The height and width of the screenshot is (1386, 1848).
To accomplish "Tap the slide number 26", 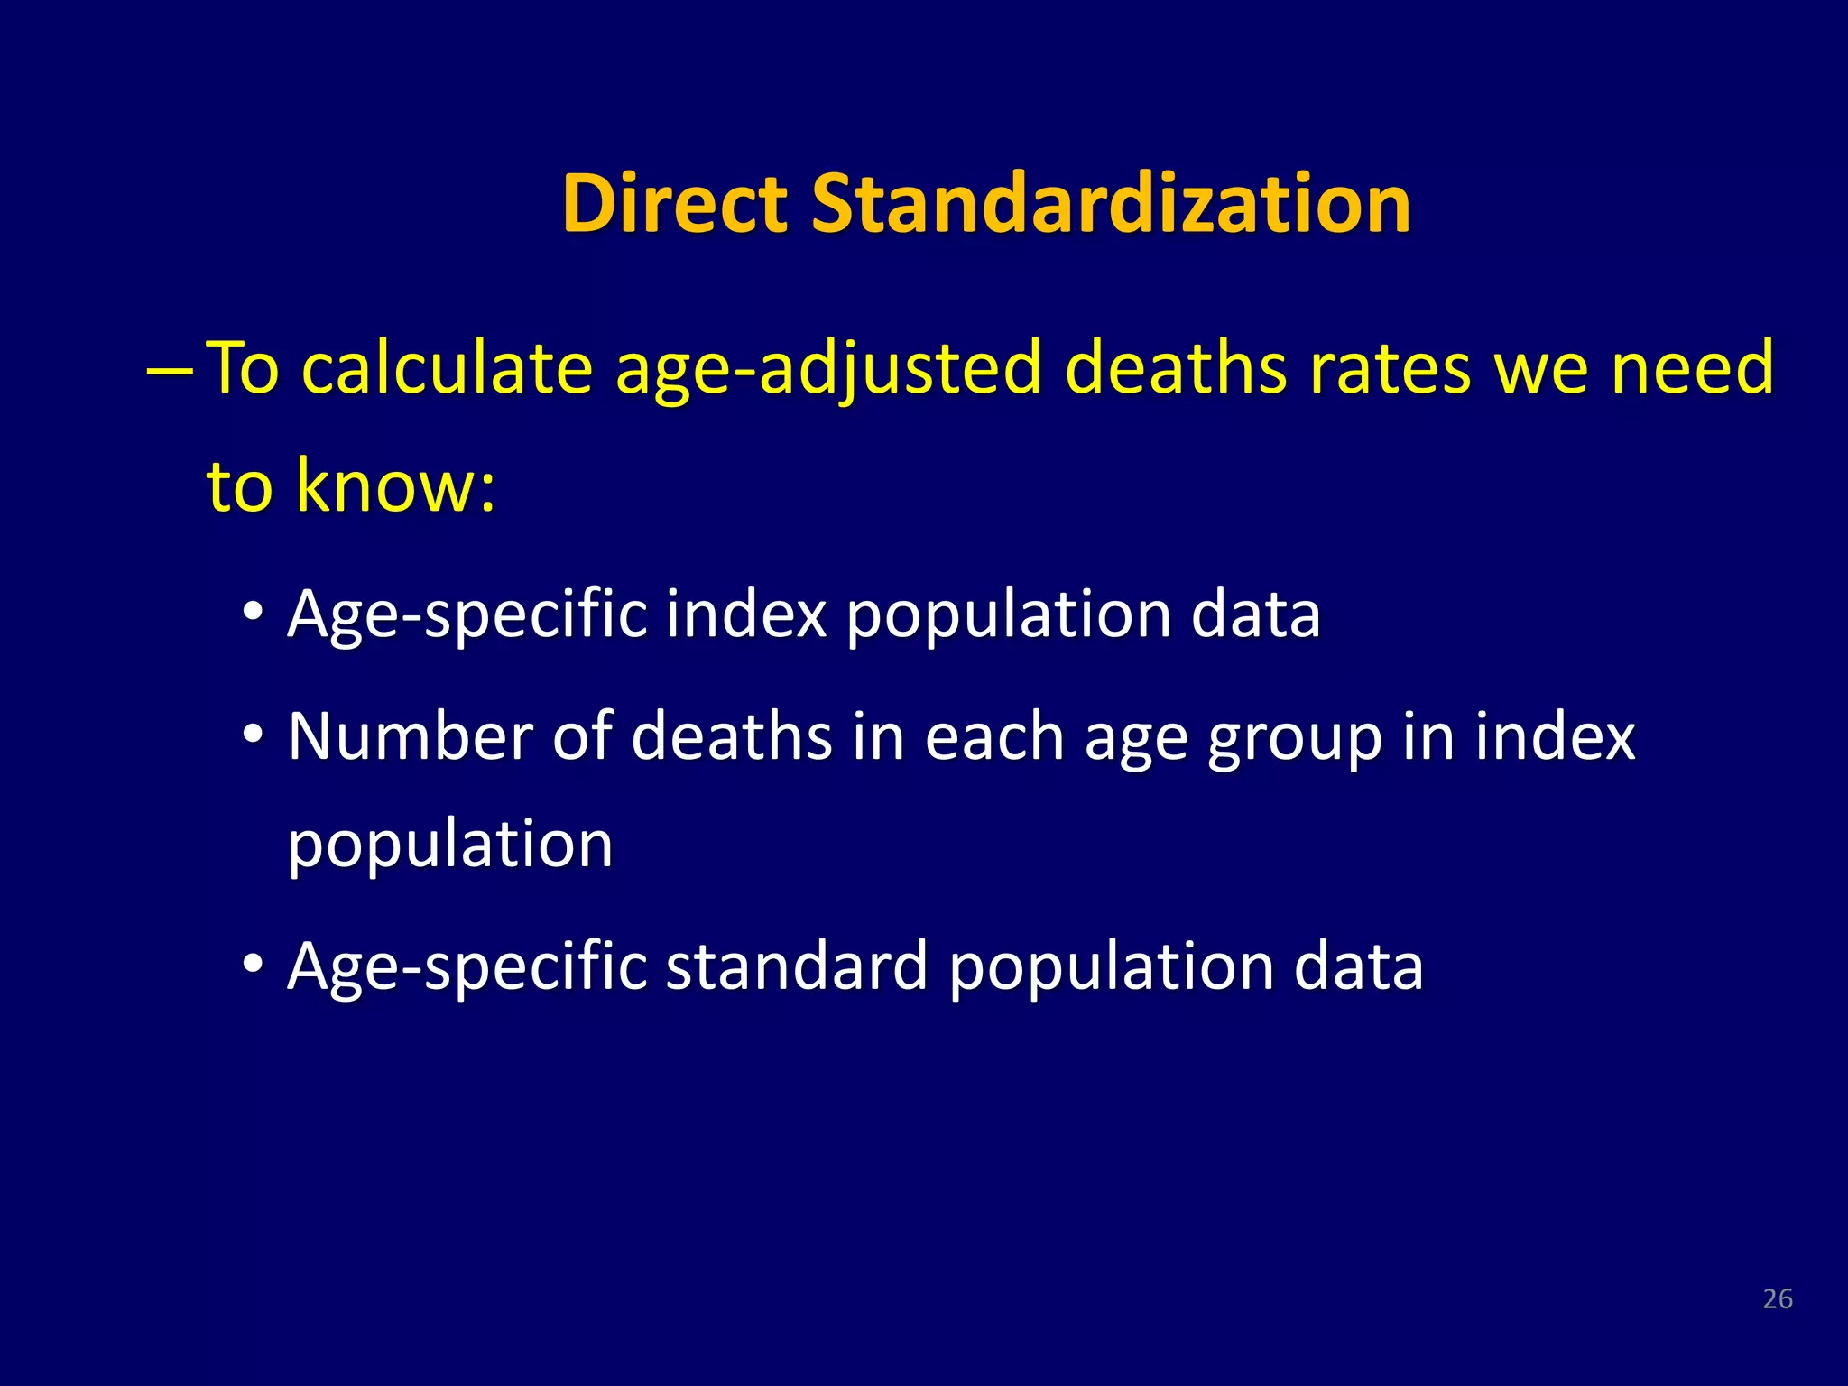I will coord(1777,1298).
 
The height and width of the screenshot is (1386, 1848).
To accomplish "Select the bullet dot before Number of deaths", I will coord(254,733).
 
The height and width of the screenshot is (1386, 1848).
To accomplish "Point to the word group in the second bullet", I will coord(1295,738).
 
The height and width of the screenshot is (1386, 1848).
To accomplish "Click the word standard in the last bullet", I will coord(796,966).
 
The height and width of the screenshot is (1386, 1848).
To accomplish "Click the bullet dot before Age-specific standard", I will coord(254,963).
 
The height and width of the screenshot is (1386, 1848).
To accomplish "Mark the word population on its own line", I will coord(450,846).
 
